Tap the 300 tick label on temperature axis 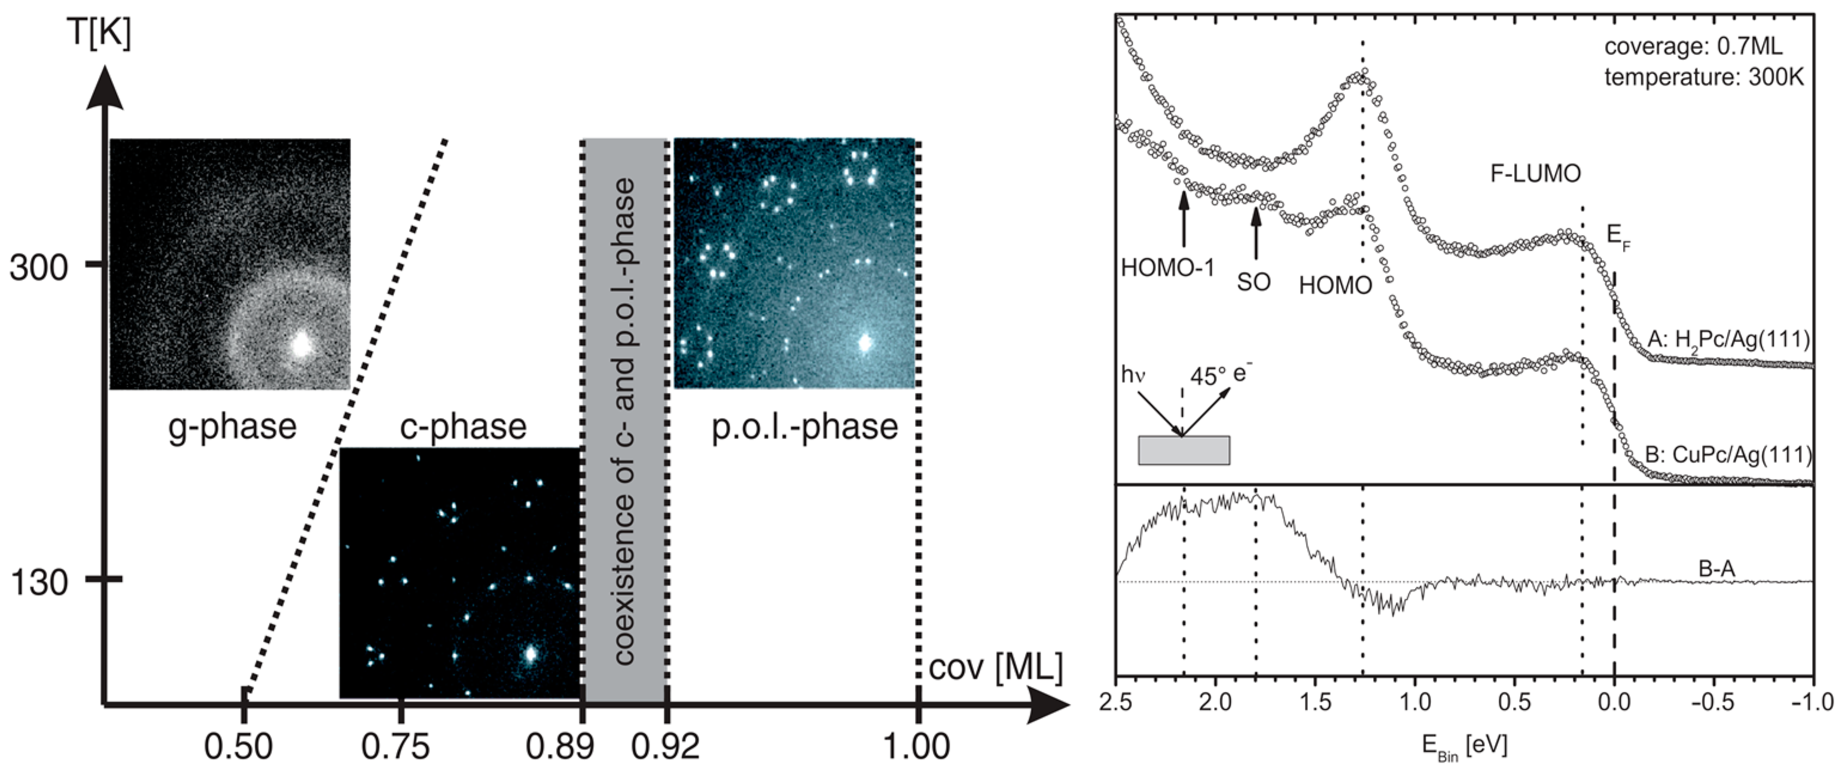pyautogui.click(x=39, y=268)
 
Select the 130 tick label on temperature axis pyautogui.click(x=39, y=583)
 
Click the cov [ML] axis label pyautogui.click(x=995, y=667)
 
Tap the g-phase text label pyautogui.click(x=233, y=428)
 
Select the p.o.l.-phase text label pyautogui.click(x=804, y=428)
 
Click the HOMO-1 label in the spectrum pyautogui.click(x=1167, y=267)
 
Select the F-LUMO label pyautogui.click(x=1535, y=173)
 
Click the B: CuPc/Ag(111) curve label pyautogui.click(x=1728, y=454)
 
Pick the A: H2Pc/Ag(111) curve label pyautogui.click(x=1728, y=340)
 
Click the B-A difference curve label pyautogui.click(x=1716, y=570)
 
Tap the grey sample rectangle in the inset pyautogui.click(x=1184, y=450)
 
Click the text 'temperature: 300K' pyautogui.click(x=1703, y=77)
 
